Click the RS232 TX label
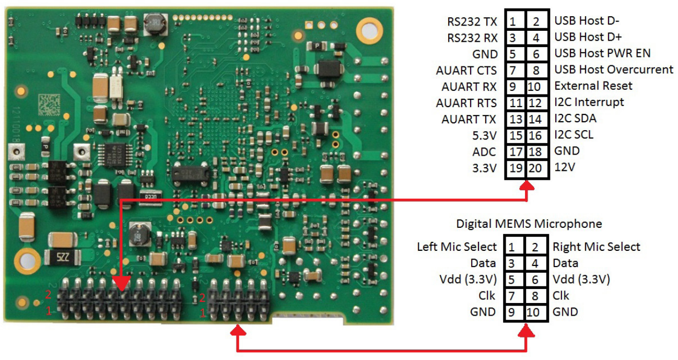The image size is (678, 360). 472,21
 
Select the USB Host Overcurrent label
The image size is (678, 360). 614,69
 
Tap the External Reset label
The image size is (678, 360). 593,86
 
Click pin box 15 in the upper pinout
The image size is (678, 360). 516,135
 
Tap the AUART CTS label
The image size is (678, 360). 466,70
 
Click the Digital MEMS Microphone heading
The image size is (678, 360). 529,224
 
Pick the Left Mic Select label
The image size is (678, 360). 457,246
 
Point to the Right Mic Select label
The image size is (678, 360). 597,247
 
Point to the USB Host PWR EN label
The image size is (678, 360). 602,53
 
